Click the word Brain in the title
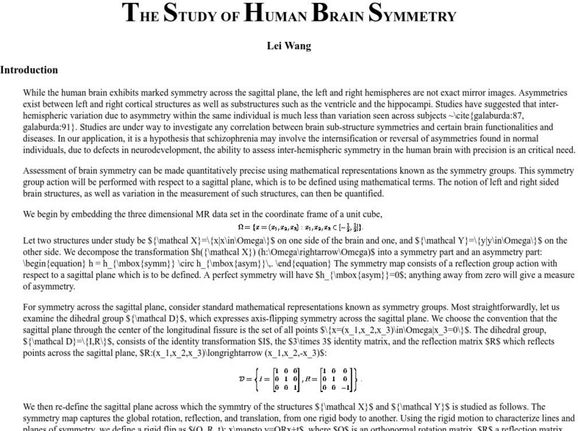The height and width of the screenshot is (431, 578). [336, 13]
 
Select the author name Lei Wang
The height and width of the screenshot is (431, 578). [289, 46]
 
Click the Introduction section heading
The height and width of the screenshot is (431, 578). [29, 70]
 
